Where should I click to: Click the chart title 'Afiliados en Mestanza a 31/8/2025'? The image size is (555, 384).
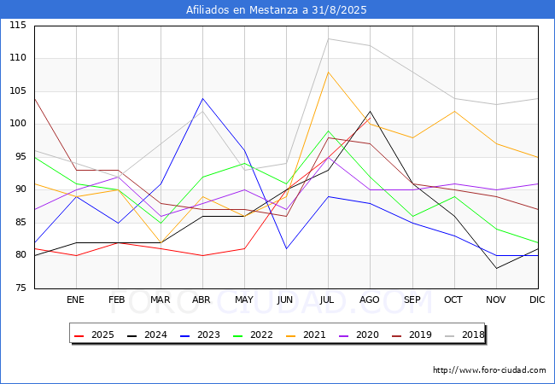pos(277,10)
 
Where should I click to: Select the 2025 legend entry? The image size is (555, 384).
pos(94,335)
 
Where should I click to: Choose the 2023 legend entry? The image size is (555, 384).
pos(200,335)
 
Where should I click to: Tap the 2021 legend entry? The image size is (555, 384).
pos(306,335)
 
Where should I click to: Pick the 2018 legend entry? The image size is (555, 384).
pos(464,335)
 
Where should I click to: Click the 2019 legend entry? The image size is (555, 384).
pos(412,335)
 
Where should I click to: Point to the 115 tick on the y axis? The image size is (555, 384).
pos(18,26)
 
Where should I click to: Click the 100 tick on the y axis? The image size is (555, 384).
pos(18,124)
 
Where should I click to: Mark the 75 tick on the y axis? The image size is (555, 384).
pos(20,288)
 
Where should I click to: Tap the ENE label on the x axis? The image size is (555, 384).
pos(75,300)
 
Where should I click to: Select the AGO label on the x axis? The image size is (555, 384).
pos(370,300)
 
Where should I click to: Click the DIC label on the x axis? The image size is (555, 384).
pos(537,300)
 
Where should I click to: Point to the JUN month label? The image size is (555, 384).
pos(285,300)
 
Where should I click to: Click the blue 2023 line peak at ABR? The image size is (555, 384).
pos(202,98)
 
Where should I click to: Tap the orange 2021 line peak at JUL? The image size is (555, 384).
pos(329,73)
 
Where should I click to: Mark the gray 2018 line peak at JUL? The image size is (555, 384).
pos(329,39)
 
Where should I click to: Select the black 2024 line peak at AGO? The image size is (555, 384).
pos(371,112)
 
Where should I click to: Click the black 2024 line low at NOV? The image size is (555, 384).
pos(496,269)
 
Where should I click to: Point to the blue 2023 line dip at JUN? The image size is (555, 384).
pos(286,248)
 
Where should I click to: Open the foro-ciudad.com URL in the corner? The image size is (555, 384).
pos(489,370)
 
